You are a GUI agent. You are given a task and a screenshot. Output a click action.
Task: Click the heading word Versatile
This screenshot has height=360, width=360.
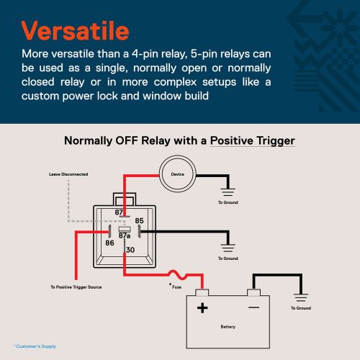click(x=76, y=31)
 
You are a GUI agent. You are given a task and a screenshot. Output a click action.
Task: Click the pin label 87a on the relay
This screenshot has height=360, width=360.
click(x=125, y=235)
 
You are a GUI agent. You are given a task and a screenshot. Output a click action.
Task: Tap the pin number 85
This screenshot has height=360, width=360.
click(x=139, y=221)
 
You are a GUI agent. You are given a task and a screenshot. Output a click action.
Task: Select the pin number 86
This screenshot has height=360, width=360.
click(x=109, y=243)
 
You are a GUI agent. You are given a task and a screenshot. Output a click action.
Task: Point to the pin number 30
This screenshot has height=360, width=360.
click(x=130, y=250)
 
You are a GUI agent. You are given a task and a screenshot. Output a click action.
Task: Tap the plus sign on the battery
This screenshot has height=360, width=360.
click(x=202, y=308)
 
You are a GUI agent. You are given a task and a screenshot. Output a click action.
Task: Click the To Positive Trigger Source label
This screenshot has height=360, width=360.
click(x=76, y=287)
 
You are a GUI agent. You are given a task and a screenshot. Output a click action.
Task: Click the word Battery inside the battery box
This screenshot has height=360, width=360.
click(x=228, y=327)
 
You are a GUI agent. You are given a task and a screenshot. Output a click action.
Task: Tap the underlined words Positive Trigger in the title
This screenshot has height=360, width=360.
click(x=252, y=141)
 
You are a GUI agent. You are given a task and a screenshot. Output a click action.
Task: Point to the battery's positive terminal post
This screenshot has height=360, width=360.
click(x=202, y=292)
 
